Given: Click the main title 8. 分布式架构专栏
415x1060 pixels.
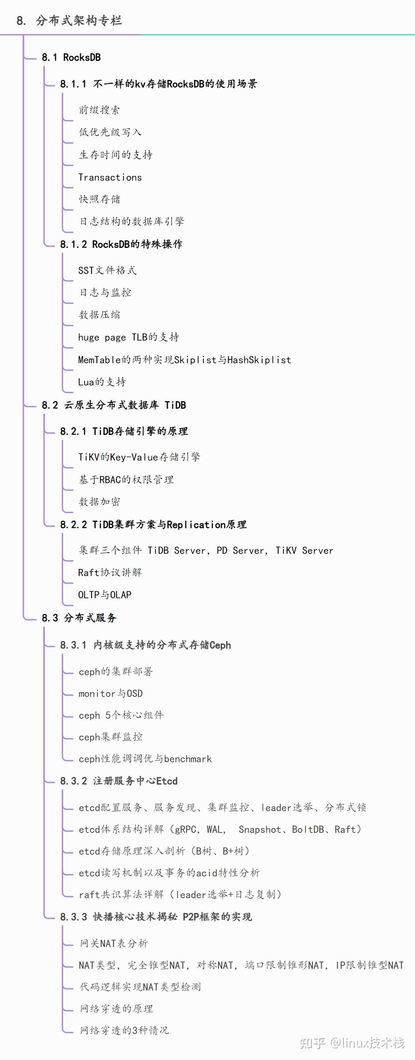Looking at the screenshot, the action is pos(69,20).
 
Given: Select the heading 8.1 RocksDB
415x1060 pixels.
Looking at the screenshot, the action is pos(71,57).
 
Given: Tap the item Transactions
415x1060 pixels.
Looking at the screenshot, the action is pos(110,177).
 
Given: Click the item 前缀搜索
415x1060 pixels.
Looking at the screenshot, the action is pos(99,110).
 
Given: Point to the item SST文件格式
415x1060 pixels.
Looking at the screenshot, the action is pos(107,270).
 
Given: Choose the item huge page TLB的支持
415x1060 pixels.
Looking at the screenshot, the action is pos(128,337).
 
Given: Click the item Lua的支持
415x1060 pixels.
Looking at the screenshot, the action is pos(102,382).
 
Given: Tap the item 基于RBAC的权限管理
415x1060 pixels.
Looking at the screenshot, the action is pos(126,479).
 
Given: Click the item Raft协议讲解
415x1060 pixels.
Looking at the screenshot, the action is pos(110,572).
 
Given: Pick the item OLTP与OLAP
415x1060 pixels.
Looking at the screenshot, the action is pos(105,594).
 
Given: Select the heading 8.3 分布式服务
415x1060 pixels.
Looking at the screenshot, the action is pos(79,618).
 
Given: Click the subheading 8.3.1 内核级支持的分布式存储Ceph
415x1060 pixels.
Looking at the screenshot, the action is pos(146,645).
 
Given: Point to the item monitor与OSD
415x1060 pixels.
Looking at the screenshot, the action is pos(111,693).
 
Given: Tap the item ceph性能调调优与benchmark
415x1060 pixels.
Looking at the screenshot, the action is pos(145,759).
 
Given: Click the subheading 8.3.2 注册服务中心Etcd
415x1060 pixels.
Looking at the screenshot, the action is pos(119,781).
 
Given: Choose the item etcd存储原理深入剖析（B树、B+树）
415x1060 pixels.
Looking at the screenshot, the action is pos(164,851).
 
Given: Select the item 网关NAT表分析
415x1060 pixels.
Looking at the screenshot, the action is pos(114,943).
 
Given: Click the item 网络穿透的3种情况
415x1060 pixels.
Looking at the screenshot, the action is pos(124,1030).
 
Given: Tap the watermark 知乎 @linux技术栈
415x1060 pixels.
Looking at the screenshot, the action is pos(351,1042).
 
